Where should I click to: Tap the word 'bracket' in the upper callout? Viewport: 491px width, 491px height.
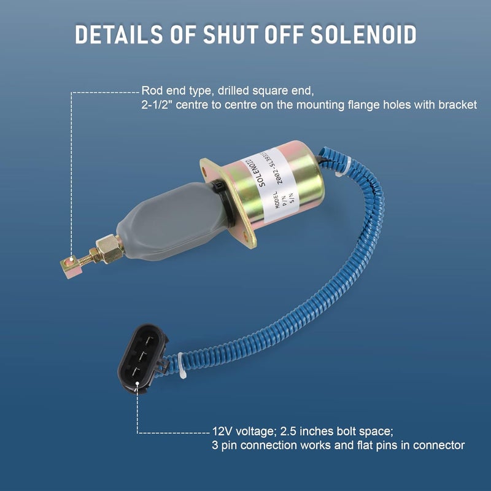click(457, 106)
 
